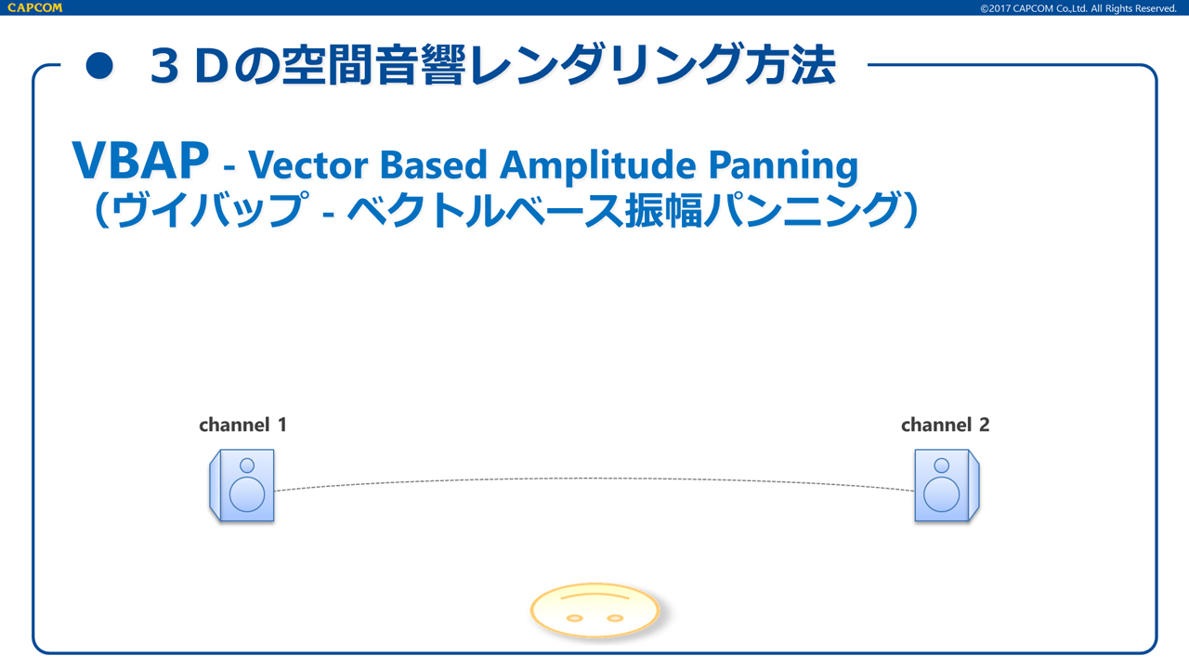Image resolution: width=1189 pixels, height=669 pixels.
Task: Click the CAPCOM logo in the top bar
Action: (x=35, y=7)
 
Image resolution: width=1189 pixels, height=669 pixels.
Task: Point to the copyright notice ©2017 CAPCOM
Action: (x=1078, y=8)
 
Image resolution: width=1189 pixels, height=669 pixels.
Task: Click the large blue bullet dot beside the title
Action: (x=99, y=66)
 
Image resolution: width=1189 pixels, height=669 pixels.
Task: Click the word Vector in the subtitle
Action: (x=307, y=164)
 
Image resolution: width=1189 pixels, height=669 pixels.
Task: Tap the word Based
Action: (x=434, y=164)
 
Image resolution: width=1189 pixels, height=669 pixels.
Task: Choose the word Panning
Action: (x=783, y=165)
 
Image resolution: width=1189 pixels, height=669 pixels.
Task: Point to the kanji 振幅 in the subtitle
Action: (x=664, y=210)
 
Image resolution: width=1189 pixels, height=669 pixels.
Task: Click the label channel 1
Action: (x=243, y=425)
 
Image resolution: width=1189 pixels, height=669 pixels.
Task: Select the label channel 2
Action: (x=946, y=425)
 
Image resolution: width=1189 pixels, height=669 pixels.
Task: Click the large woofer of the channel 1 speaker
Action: (x=247, y=493)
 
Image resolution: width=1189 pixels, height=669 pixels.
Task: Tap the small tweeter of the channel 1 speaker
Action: (x=247, y=466)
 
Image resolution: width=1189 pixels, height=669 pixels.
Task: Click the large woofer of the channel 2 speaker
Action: (x=941, y=493)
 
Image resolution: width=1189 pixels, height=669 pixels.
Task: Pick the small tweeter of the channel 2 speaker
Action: (x=941, y=466)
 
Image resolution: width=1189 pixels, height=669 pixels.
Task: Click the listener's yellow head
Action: (x=595, y=610)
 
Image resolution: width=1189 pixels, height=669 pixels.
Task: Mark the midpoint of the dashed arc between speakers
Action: (x=594, y=479)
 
